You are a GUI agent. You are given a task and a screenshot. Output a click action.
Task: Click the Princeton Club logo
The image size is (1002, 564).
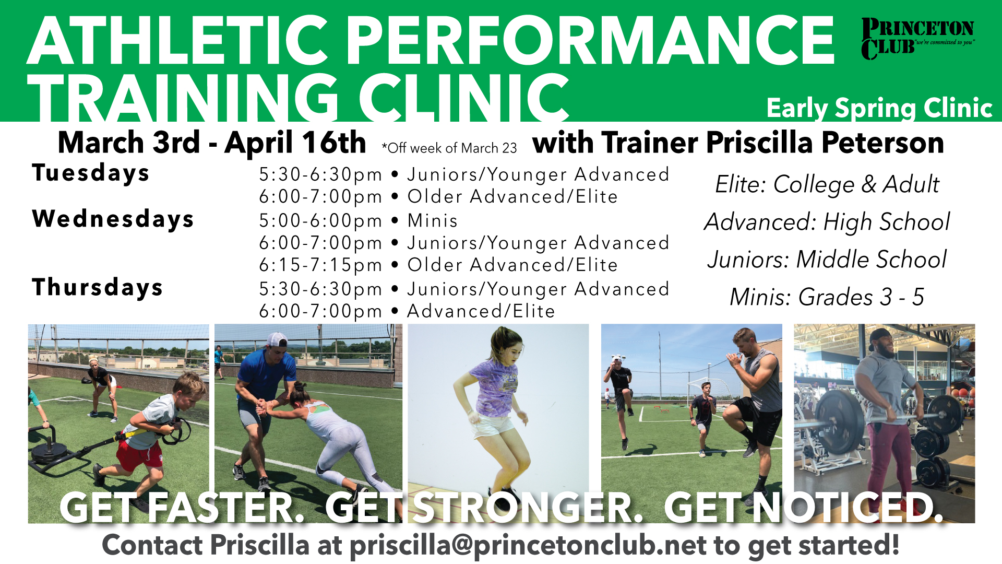click(x=917, y=39)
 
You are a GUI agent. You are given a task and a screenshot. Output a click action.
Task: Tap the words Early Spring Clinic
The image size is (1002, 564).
click(x=879, y=108)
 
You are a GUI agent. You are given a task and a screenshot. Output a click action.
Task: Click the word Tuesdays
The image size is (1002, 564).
click(x=91, y=173)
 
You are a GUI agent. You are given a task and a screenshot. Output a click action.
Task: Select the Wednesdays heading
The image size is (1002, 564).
click(x=113, y=219)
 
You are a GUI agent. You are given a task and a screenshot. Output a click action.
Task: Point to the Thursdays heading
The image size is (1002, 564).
click(x=98, y=287)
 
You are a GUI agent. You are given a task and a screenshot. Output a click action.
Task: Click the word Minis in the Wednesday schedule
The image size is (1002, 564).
click(x=432, y=220)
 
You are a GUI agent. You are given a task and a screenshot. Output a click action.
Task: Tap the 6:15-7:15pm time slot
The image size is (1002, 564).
click(x=320, y=265)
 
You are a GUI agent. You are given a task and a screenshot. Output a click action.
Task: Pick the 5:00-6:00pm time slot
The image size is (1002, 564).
click(x=320, y=221)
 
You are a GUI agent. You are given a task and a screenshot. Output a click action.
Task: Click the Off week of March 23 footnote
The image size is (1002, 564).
click(x=449, y=148)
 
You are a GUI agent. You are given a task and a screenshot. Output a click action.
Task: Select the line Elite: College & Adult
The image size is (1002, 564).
click(x=827, y=184)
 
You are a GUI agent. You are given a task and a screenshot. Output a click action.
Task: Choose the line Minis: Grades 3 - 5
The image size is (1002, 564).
click(x=827, y=297)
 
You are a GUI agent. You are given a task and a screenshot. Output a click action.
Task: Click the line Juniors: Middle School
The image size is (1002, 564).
click(x=827, y=260)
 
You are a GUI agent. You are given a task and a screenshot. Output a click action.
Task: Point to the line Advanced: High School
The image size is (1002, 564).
click(x=827, y=222)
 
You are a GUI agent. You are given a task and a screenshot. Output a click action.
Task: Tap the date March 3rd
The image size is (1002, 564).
click(x=129, y=143)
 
